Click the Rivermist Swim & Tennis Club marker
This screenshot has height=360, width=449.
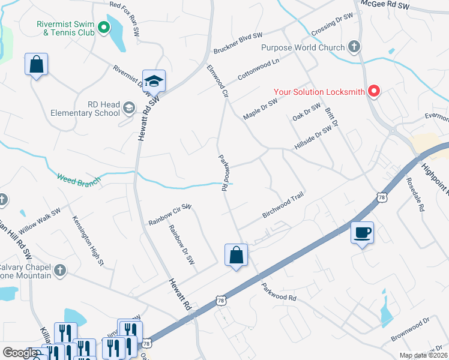[103, 26]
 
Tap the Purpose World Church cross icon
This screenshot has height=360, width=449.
[354, 47]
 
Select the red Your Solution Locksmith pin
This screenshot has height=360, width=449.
[374, 92]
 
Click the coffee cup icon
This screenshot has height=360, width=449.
[362, 233]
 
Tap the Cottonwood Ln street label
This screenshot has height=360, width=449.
[259, 70]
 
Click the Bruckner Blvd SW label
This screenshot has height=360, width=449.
[238, 44]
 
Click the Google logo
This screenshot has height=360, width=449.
[19, 353]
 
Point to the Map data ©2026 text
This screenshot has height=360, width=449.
[424, 355]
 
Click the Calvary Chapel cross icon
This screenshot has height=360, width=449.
[59, 271]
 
